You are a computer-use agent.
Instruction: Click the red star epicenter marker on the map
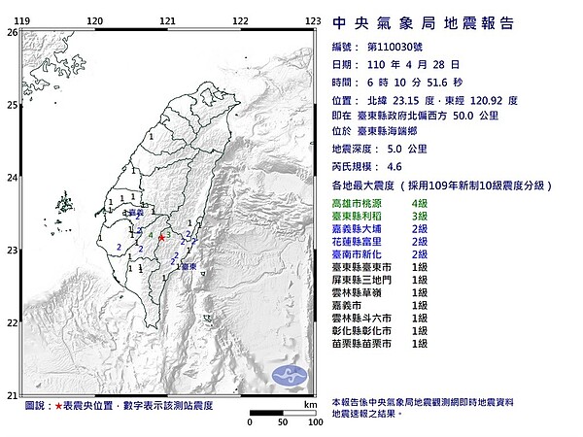160,236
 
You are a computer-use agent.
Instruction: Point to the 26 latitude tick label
12,32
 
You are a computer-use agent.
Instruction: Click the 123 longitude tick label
313,20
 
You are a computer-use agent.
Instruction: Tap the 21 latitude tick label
12,394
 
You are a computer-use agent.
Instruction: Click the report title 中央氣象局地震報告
423,23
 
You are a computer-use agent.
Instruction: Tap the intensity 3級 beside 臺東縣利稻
422,216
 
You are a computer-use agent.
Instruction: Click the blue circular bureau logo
290,373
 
